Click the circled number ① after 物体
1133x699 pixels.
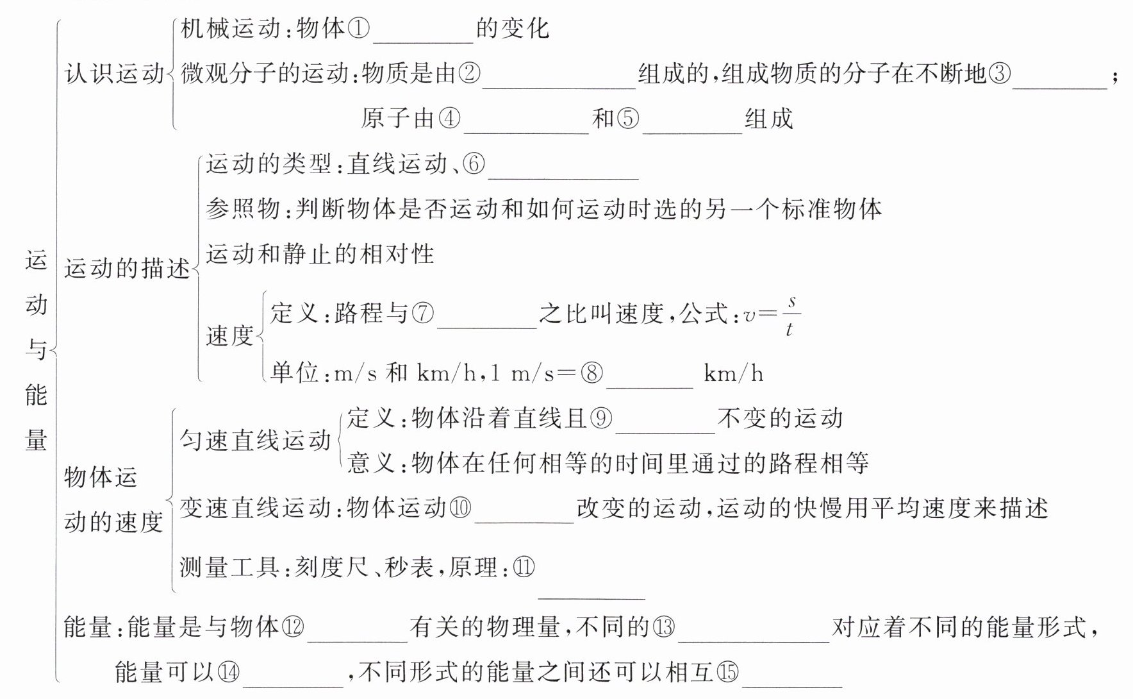coord(359,29)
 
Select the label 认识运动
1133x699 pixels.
coord(115,74)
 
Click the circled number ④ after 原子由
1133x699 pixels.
coord(449,119)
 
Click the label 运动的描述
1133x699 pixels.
coord(127,268)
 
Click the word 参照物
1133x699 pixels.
coord(243,209)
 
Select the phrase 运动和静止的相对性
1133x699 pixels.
coord(320,254)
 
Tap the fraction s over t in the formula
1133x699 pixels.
coord(791,315)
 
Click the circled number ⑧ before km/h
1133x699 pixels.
coord(591,373)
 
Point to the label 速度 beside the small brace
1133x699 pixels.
coord(229,335)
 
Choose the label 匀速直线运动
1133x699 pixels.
coord(255,441)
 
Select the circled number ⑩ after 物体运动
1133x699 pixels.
coord(460,508)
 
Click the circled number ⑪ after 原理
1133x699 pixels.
coord(524,567)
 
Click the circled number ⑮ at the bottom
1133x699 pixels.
coord(727,672)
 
